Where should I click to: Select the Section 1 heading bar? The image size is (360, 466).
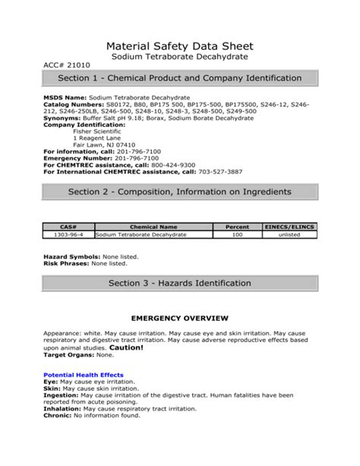[x=180, y=80]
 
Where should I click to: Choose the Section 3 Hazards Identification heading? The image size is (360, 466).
[x=180, y=283]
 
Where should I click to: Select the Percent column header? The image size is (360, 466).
[x=237, y=227]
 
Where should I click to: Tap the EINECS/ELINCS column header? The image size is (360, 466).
[x=289, y=227]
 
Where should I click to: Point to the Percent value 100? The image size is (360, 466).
[x=237, y=236]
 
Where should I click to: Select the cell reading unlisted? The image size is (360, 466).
[x=289, y=236]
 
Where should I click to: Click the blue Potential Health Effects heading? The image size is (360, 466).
[x=84, y=375]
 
